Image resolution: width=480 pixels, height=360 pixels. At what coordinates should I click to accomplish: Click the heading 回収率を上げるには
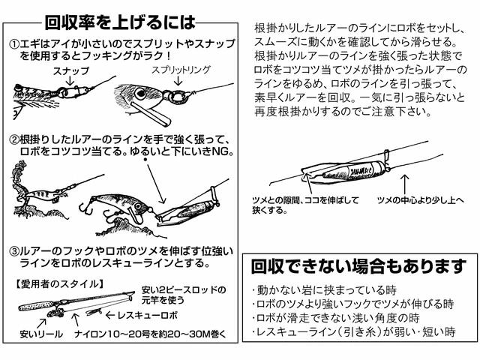(x=121, y=20)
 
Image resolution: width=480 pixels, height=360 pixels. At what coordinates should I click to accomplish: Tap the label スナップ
(x=71, y=70)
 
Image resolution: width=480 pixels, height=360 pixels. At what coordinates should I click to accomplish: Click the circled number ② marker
(x=14, y=139)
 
